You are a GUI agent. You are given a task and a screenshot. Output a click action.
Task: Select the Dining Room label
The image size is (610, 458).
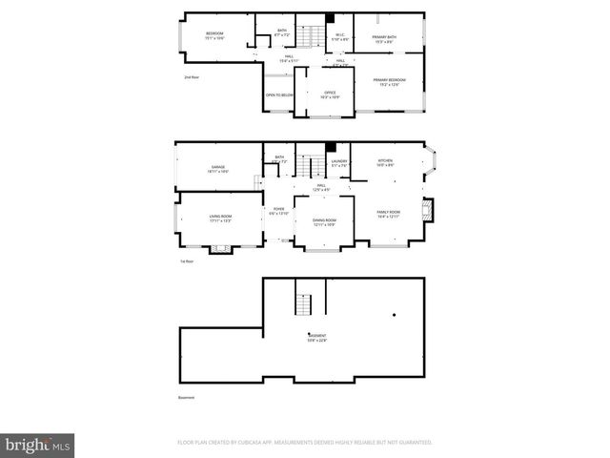point(325,222)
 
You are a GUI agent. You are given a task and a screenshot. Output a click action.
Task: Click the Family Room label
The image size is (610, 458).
point(388,214)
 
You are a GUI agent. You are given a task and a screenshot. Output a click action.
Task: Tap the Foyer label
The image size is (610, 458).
point(278,211)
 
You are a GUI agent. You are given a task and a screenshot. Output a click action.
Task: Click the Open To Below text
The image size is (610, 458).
point(277,95)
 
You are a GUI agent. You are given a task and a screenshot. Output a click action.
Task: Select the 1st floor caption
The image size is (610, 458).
point(188,260)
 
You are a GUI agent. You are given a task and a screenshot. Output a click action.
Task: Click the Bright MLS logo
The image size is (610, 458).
point(38,445)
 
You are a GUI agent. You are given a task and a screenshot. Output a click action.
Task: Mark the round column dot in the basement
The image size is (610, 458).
point(394,315)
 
